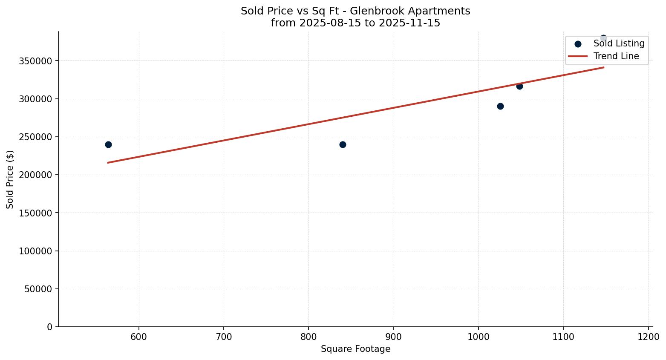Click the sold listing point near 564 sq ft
108,144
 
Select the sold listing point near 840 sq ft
343,144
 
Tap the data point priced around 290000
500,106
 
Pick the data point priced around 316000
519,86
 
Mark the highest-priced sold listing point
603,38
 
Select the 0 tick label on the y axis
50,327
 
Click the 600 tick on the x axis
139,337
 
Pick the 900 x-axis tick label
393,337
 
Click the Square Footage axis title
355,349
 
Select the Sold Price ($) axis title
10,179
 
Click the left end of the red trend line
108,162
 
